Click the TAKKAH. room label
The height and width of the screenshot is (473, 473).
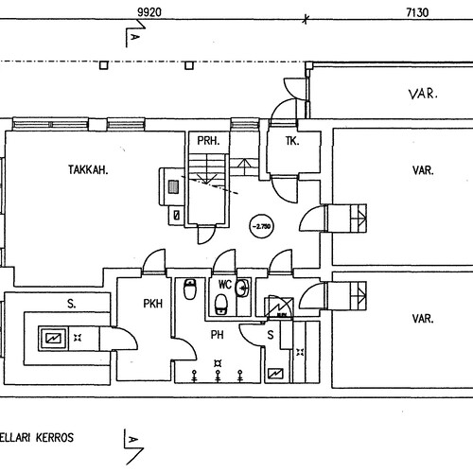(x=88, y=170)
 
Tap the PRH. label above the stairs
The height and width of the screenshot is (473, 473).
(x=208, y=140)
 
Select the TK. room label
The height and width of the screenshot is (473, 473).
(x=292, y=141)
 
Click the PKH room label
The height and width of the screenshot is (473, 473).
(x=153, y=304)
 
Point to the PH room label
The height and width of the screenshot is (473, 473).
(x=218, y=335)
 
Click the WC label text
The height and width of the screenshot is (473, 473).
(x=225, y=285)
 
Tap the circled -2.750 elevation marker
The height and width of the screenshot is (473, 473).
(x=262, y=226)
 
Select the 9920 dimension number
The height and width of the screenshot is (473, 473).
(x=149, y=12)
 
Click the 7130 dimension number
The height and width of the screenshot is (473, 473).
(x=417, y=12)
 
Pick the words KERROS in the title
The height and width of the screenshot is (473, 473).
(x=55, y=438)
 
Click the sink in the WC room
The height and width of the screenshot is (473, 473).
(x=243, y=288)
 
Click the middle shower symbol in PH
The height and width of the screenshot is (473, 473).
(x=218, y=376)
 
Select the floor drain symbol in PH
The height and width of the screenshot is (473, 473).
(x=218, y=363)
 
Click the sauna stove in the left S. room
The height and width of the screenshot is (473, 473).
(x=52, y=339)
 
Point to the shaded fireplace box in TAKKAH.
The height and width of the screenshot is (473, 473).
(x=173, y=186)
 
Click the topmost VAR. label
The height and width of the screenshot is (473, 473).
(x=423, y=94)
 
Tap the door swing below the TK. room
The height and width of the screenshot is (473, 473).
(x=285, y=190)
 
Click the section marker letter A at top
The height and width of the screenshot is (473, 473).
(x=134, y=37)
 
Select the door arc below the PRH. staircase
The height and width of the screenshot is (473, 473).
(x=206, y=235)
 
